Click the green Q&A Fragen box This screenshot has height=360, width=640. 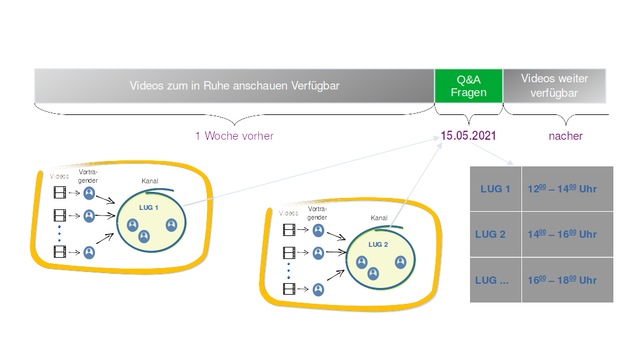point(469,86)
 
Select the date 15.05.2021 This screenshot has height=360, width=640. point(468,136)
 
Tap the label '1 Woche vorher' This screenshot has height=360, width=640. point(234,136)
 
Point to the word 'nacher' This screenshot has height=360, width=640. point(565,136)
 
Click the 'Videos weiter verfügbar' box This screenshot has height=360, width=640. point(555,86)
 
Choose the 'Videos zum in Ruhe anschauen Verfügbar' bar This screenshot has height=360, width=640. point(234,86)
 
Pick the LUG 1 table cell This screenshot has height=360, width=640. point(495,189)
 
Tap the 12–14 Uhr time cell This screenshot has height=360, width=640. point(567,189)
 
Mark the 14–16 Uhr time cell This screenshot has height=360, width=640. point(567,234)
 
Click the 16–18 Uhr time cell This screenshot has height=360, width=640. point(567,280)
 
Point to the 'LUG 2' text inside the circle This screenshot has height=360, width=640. point(377,244)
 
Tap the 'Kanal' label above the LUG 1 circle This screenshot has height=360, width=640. point(150,181)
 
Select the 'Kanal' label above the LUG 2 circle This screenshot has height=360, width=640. point(379,218)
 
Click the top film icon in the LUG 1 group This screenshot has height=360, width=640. point(59,193)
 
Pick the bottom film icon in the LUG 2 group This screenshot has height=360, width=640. point(289,289)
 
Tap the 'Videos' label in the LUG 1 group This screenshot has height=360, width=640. point(59,176)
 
